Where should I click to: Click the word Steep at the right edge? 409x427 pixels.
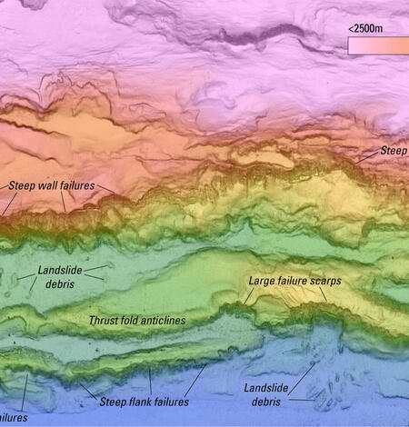[x=394, y=149]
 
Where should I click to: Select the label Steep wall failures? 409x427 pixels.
[x=51, y=185]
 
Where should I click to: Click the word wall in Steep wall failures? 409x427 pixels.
[x=50, y=185]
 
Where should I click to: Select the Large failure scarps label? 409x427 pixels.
[x=294, y=282]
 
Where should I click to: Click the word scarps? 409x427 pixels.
[x=324, y=282]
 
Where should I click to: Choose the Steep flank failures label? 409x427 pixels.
[x=144, y=402]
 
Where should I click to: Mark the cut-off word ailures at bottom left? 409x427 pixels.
[x=14, y=419]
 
